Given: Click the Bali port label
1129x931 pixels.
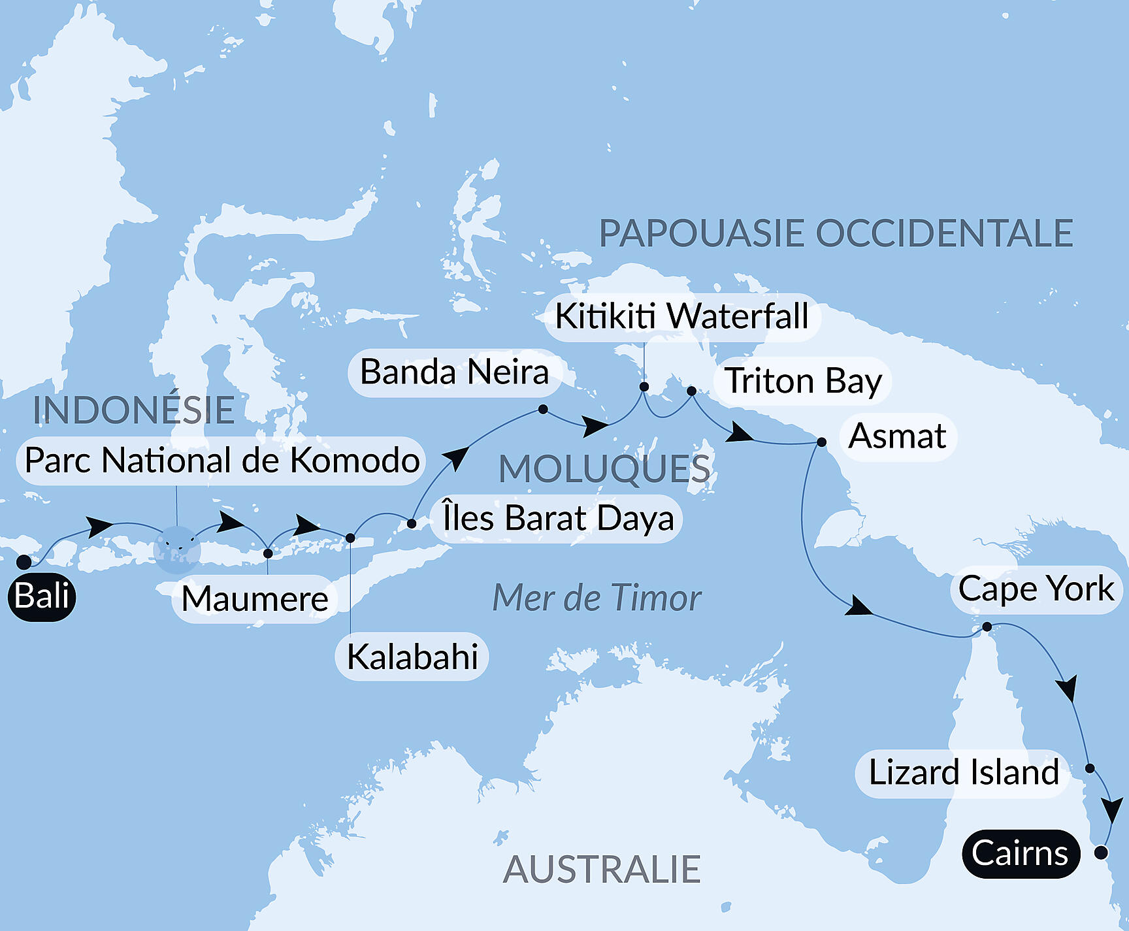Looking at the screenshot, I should click(42, 596).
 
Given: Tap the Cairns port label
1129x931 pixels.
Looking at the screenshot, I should click(1020, 853).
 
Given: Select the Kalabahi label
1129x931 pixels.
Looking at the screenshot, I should click(412, 657).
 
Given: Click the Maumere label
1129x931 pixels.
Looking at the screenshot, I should click(255, 599).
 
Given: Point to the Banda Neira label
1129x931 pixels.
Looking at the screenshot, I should click(455, 372).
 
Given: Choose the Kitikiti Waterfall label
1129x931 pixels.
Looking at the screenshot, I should click(682, 317).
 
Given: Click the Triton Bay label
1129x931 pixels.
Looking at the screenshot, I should click(803, 381).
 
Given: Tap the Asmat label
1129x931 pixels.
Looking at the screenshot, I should click(897, 436).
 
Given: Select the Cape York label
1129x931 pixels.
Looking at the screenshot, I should click(1036, 589).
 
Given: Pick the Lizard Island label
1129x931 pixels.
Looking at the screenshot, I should click(963, 773).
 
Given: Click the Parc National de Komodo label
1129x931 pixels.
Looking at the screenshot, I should click(221, 461).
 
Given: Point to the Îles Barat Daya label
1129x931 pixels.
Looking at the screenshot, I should click(557, 519).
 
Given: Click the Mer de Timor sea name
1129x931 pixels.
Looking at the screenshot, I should click(597, 598).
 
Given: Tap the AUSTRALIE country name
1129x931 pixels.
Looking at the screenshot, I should click(602, 870).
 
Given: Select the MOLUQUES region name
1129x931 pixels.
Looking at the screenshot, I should click(604, 469).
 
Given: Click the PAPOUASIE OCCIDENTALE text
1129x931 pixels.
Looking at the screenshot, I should click(836, 234).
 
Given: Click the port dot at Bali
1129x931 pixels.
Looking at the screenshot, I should click(24, 562).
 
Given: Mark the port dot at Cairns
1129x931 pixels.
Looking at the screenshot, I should click(1101, 853).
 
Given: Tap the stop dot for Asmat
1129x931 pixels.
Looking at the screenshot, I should click(822, 442).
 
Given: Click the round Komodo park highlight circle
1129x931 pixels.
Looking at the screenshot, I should click(177, 549).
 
